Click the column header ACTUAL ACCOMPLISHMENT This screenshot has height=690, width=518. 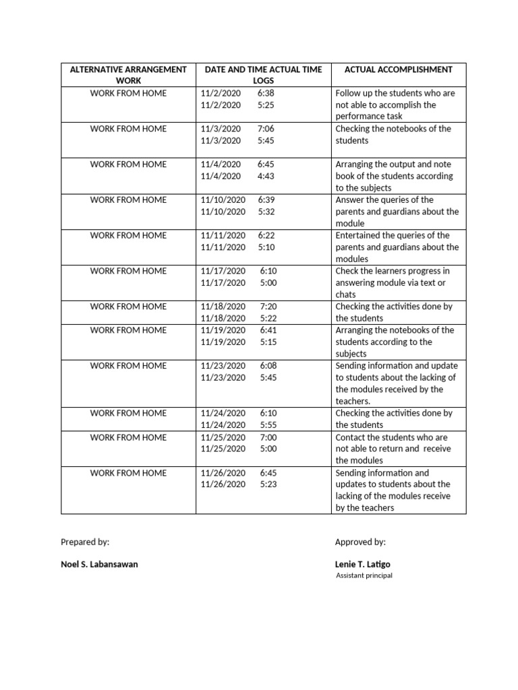click(x=398, y=69)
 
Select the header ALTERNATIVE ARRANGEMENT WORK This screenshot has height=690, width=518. click(x=128, y=75)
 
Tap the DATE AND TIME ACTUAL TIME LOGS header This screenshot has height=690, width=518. click(x=263, y=75)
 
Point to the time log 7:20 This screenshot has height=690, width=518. click(x=268, y=307)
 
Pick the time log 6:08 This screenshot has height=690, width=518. click(x=268, y=366)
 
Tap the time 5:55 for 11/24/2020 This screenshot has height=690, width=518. click(x=268, y=425)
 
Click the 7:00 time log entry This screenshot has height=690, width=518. click(x=268, y=437)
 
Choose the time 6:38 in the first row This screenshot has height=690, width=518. click(x=266, y=94)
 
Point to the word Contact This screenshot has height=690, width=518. click(x=351, y=437)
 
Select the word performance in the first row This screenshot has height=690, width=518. click(x=362, y=117)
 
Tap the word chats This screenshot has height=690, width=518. click(x=346, y=294)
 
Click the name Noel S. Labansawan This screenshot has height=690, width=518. click(x=99, y=564)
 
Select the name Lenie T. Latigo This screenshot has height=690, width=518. click(x=362, y=564)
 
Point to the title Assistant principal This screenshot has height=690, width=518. click(x=364, y=575)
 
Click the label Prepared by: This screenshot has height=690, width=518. click(x=85, y=542)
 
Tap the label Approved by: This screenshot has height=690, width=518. click(x=360, y=542)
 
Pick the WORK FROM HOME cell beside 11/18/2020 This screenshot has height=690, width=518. click(x=128, y=307)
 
